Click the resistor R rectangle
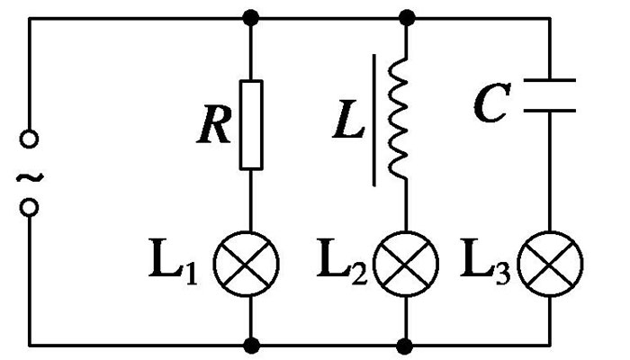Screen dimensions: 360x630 (252, 125)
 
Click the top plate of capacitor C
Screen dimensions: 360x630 (550, 84)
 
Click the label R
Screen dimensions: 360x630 (216, 129)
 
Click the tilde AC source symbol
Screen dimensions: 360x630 (30, 175)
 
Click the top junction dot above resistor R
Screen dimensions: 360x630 (253, 17)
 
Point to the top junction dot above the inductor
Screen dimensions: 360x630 (407, 17)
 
